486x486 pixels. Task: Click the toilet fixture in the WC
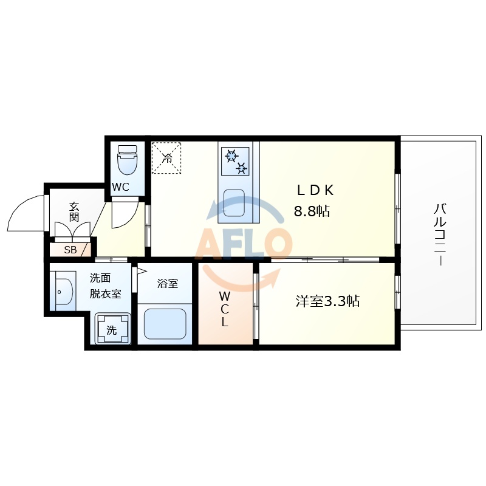click(128, 160)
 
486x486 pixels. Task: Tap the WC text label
click(120, 187)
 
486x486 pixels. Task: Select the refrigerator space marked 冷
click(166, 158)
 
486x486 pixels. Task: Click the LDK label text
click(315, 190)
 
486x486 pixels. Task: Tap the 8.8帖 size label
click(312, 211)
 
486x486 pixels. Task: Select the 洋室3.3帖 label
click(327, 301)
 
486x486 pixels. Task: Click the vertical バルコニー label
click(439, 234)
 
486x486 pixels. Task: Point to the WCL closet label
click(224, 309)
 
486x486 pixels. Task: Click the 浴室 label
click(167, 283)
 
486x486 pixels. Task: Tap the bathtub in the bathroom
click(165, 324)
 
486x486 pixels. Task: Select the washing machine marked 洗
click(112, 330)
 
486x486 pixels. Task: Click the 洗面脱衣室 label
click(106, 286)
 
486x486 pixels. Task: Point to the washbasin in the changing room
click(63, 291)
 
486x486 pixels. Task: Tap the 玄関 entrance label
click(74, 211)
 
